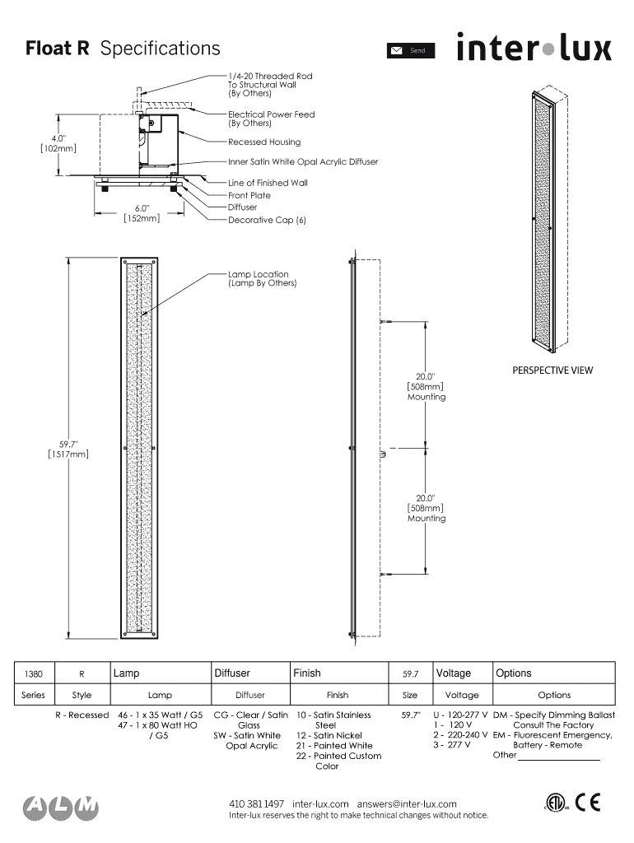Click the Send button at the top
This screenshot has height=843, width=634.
410,51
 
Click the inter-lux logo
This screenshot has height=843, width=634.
534,47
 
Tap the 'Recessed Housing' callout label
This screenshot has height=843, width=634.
264,142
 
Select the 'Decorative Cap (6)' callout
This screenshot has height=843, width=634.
267,220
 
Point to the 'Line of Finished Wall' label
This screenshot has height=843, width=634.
268,183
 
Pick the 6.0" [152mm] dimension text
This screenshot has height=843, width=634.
142,214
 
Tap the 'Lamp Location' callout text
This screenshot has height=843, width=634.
262,278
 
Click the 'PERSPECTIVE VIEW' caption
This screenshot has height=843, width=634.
552,370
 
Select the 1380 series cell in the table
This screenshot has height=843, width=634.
34,674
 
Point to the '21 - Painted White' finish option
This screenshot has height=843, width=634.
334,746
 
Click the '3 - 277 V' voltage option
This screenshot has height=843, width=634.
452,745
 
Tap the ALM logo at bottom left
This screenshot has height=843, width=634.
61,808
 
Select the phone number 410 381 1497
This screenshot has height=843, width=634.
256,803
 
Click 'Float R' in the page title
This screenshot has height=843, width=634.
57,49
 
